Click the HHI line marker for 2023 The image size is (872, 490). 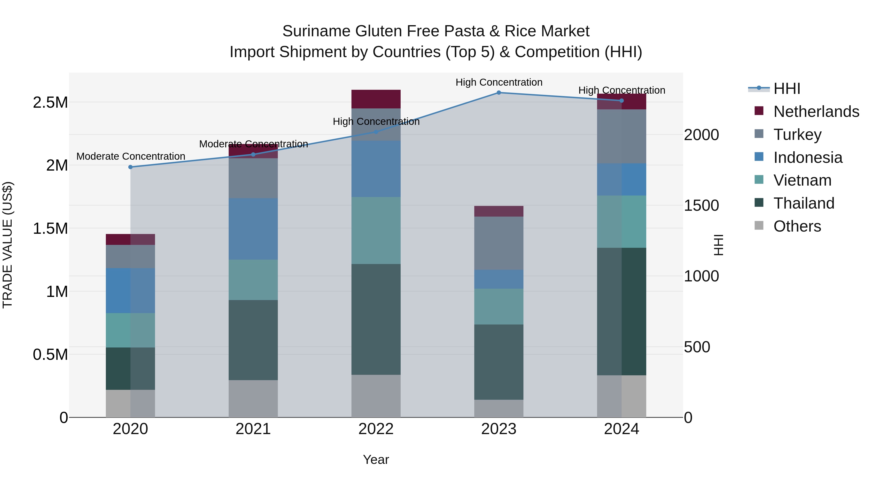coord(499,93)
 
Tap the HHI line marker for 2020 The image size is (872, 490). coord(130,167)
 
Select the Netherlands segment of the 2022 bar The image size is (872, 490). coord(376,99)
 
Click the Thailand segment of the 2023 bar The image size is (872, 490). coord(499,362)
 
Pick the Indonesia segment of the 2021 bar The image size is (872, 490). coord(253,229)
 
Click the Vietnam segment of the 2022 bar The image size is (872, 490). coord(376,230)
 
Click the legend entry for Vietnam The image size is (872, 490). coord(802,180)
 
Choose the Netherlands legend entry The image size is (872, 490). coord(816,112)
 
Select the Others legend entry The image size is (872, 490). coord(797,226)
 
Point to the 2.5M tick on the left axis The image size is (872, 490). coord(50,102)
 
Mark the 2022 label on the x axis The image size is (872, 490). coord(376,429)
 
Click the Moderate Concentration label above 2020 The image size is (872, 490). coord(131,156)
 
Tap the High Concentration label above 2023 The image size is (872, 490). coord(499,82)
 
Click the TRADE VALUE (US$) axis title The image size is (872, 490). coord(8,245)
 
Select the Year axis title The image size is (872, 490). coord(376,460)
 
